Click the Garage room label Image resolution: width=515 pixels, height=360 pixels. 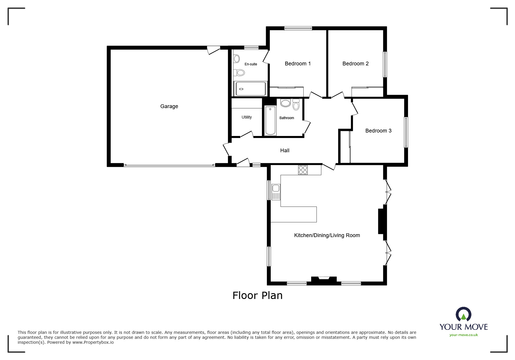pyautogui.click(x=169, y=106)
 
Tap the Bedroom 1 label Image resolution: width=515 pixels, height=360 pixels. pyautogui.click(x=297, y=64)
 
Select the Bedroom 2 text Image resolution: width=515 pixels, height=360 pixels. pyautogui.click(x=355, y=64)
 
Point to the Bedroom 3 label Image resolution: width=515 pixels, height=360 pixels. pyautogui.click(x=378, y=131)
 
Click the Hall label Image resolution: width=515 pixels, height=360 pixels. pyautogui.click(x=285, y=151)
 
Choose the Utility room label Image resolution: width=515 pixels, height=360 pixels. pyautogui.click(x=247, y=117)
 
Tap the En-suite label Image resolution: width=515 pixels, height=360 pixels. pyautogui.click(x=251, y=64)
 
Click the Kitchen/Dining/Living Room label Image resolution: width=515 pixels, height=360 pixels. pyautogui.click(x=327, y=235)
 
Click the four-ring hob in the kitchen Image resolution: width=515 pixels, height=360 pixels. pyautogui.click(x=303, y=170)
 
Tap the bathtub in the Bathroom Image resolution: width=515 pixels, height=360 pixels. pyautogui.click(x=270, y=121)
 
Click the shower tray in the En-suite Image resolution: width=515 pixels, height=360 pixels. pyautogui.click(x=250, y=89)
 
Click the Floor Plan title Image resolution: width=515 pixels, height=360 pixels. pyautogui.click(x=257, y=295)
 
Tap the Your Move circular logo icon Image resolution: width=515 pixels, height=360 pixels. pyautogui.click(x=463, y=315)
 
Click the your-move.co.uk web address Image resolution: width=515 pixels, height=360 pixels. pyautogui.click(x=464, y=335)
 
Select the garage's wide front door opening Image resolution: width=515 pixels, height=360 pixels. pyautogui.click(x=169, y=165)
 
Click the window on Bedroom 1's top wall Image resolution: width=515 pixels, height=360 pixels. pyautogui.click(x=298, y=28)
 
